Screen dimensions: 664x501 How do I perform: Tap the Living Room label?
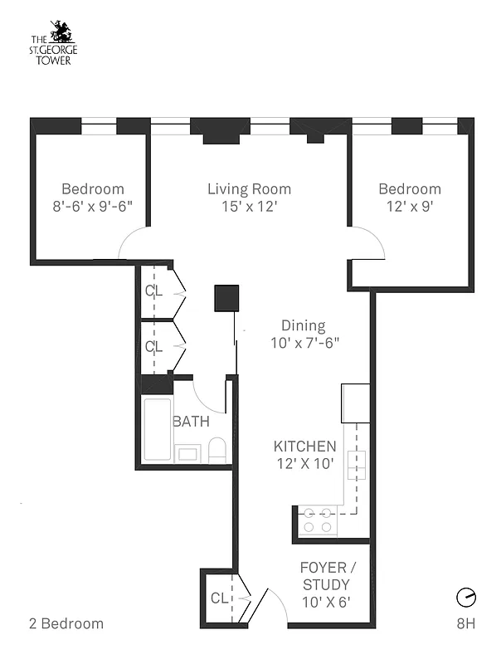tap(249, 189)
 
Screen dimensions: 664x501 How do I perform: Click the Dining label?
tap(303, 325)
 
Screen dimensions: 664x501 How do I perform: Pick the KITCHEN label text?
tap(304, 447)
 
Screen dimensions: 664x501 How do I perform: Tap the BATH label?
tap(191, 422)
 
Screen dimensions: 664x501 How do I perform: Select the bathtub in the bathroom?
tap(158, 430)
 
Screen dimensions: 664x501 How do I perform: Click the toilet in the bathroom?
tap(217, 451)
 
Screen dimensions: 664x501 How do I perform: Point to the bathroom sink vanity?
tap(187, 453)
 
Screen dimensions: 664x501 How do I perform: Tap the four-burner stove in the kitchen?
tap(318, 520)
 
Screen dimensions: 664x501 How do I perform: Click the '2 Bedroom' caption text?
tap(66, 623)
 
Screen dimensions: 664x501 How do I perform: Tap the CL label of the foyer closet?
tap(219, 598)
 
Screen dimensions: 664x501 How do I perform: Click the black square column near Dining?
tap(226, 298)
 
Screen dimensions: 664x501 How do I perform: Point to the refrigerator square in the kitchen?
tap(355, 403)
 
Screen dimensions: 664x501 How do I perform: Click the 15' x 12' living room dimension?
tap(249, 206)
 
